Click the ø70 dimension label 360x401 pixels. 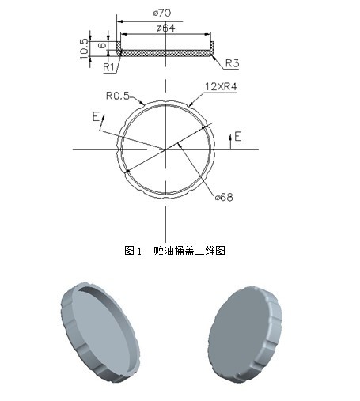coord(165,12)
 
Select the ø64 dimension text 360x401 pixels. coord(165,28)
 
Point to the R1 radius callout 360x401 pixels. coord(109,67)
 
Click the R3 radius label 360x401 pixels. coord(232,62)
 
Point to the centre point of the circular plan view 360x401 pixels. coord(165,149)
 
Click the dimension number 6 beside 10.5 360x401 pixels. coord(100,46)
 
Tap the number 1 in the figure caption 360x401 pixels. coord(138,251)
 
